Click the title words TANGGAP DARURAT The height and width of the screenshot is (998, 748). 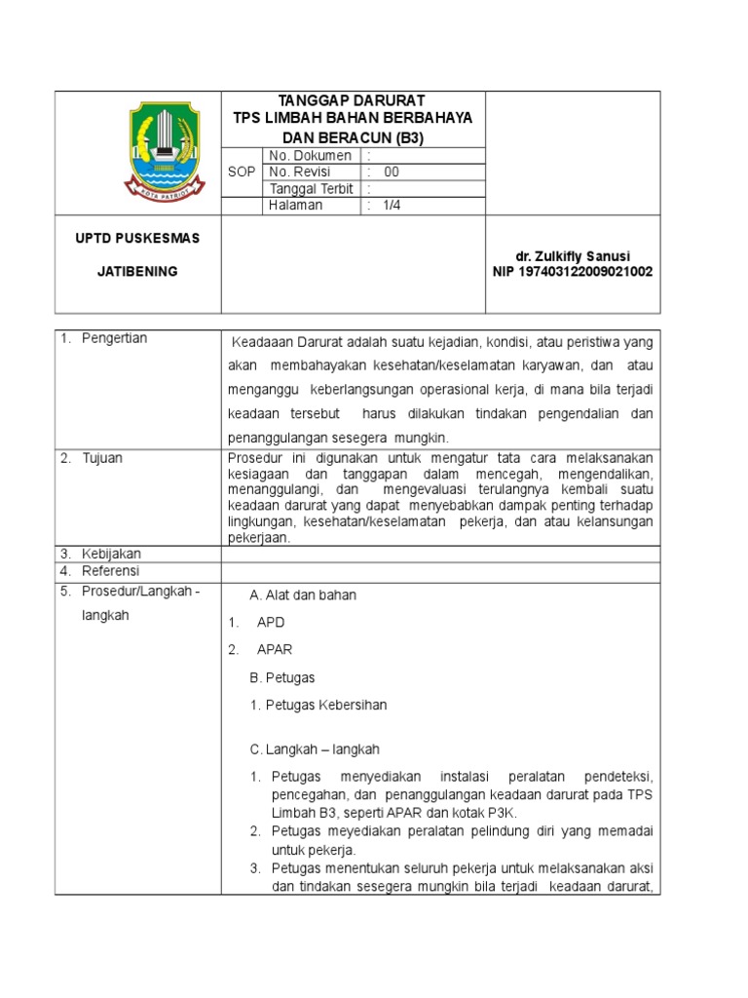[x=352, y=100]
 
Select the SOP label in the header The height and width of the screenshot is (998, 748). [x=241, y=172]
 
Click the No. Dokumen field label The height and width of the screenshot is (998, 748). [x=310, y=156]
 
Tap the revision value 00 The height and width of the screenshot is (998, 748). [x=392, y=173]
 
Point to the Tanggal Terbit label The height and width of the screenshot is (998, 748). [x=312, y=189]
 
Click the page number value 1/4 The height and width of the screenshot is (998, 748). [x=392, y=206]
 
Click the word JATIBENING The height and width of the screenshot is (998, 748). [x=136, y=272]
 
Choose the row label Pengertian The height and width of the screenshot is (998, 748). [x=113, y=338]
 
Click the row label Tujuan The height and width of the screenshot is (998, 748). [x=101, y=458]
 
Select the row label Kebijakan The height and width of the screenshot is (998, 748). [x=111, y=554]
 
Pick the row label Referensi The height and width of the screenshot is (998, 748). [x=110, y=570]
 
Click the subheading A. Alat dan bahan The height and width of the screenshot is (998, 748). [x=303, y=595]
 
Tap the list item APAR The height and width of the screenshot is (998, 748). [x=275, y=649]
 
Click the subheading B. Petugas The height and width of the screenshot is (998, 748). [x=282, y=677]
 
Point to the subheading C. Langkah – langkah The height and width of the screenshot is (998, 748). [x=315, y=749]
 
